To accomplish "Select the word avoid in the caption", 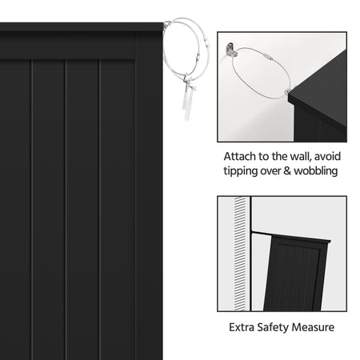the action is pos(327,157).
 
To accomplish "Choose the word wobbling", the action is pos(316,171).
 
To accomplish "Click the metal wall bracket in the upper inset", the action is pos(231,50).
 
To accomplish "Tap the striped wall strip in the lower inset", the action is pos(240,254).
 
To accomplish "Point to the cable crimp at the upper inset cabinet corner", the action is pos(286,92).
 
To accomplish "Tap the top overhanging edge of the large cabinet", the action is pos(82,27).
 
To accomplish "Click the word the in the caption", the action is pos(280,157).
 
